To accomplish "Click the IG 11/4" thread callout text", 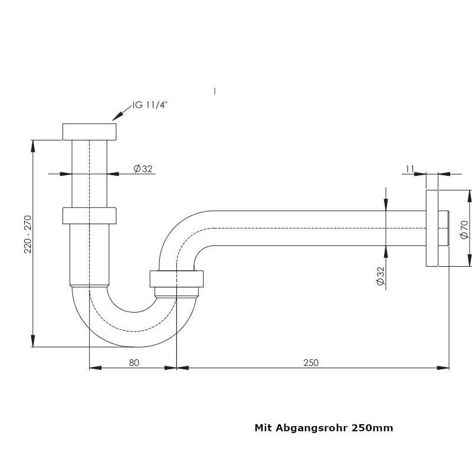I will coord(150,105).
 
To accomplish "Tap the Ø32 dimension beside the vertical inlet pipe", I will coord(143,169).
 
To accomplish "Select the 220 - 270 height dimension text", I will coord(28,235).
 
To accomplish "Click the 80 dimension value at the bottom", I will coord(133,362).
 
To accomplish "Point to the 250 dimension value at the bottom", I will coord(310,362).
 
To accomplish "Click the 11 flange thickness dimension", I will coord(409,169).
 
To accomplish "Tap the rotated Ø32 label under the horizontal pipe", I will coord(381,276).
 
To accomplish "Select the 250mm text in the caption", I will coord(372,428).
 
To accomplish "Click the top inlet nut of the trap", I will coord(89,131).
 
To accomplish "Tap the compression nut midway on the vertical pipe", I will coord(89,215).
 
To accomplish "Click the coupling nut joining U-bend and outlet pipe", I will coord(177,279).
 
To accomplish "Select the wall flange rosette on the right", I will coord(432,228).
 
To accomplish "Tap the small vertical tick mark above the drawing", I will coord(215,91).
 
